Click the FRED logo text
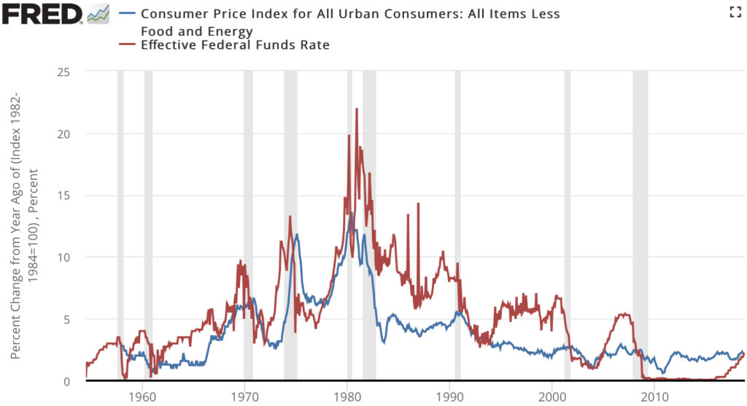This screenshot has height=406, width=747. click(x=42, y=13)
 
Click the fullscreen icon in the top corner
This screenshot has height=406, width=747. click(x=735, y=12)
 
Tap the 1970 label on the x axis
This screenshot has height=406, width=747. click(x=244, y=397)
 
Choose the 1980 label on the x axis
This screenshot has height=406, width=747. click(x=347, y=397)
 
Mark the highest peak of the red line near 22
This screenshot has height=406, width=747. click(x=357, y=110)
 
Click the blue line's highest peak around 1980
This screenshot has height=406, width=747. click(x=352, y=214)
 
